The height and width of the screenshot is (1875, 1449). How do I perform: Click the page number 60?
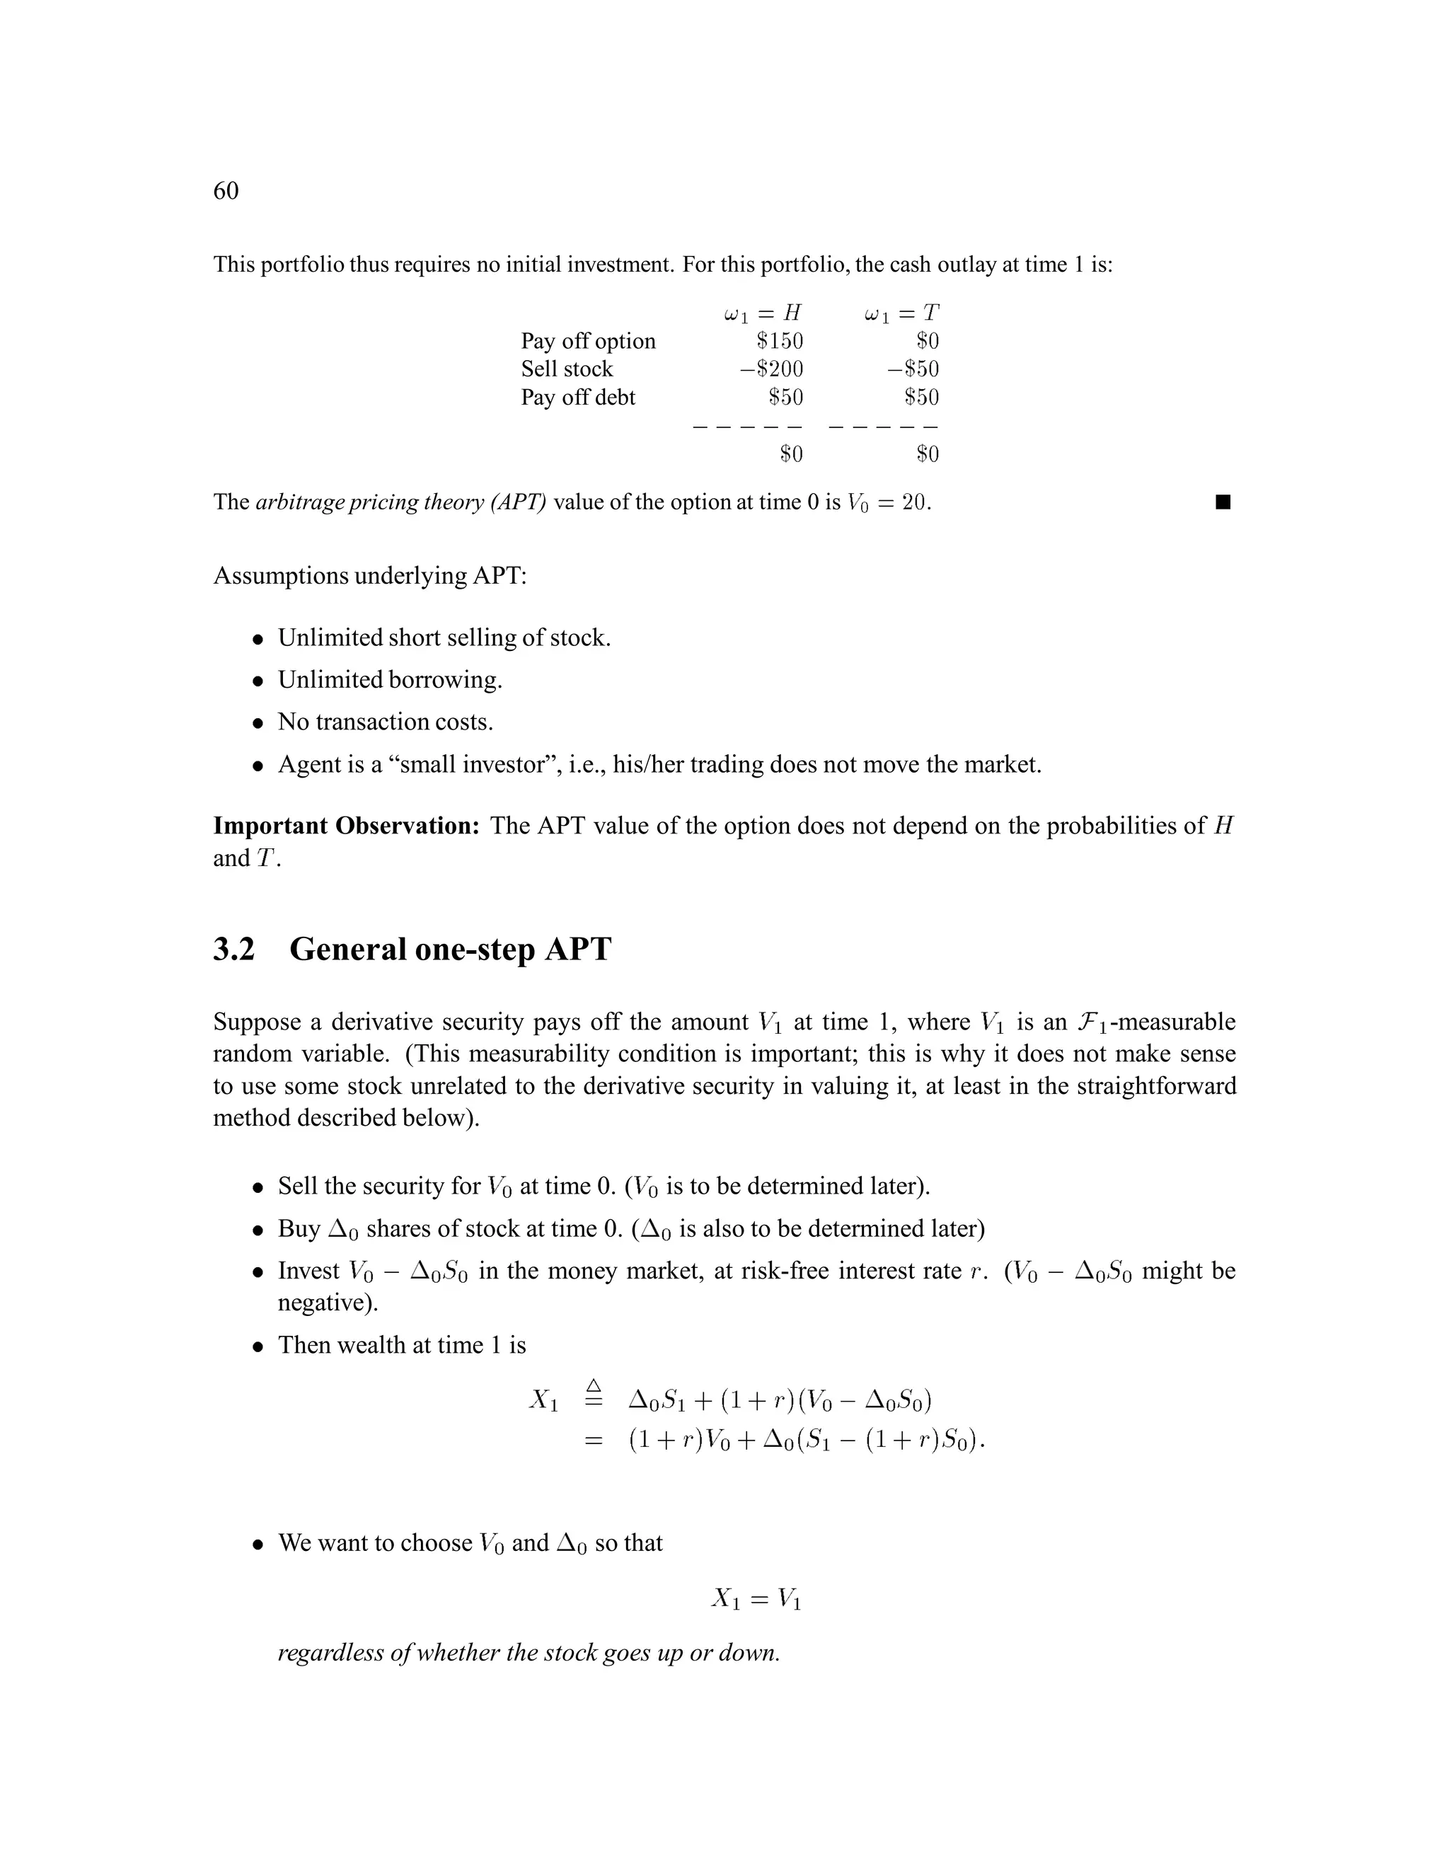pyautogui.click(x=226, y=190)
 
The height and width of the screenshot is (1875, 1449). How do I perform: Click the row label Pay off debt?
pyautogui.click(x=578, y=398)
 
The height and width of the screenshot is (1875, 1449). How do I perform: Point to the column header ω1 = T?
pyautogui.click(x=901, y=313)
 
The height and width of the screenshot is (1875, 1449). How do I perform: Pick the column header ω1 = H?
pyautogui.click(x=762, y=313)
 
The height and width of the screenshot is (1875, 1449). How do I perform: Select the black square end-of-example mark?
pyautogui.click(x=1223, y=502)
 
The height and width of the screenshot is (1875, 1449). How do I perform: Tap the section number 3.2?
pyautogui.click(x=234, y=950)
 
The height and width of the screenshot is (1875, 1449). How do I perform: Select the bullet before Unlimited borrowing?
pyautogui.click(x=258, y=681)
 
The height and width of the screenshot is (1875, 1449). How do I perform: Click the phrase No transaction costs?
pyautogui.click(x=386, y=722)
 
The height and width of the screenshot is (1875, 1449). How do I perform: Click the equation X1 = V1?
pyautogui.click(x=756, y=1598)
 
